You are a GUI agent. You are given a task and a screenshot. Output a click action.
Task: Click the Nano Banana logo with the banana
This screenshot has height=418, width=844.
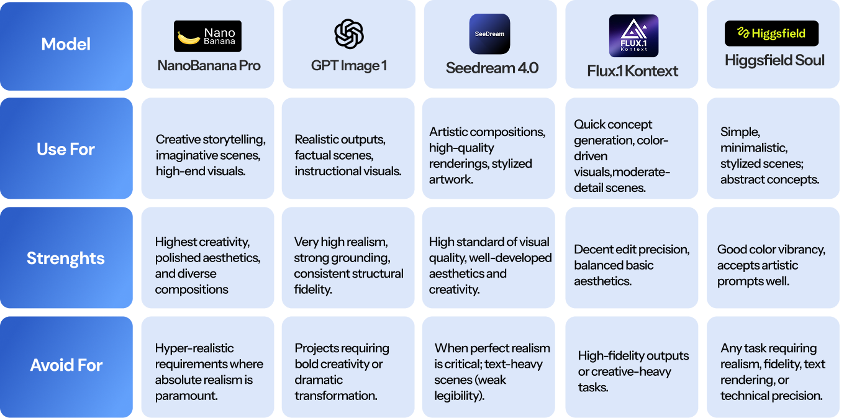click(x=207, y=36)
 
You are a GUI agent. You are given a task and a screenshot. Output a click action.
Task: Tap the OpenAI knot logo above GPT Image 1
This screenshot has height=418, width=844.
click(x=349, y=34)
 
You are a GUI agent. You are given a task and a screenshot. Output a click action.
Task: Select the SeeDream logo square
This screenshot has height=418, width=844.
click(x=489, y=34)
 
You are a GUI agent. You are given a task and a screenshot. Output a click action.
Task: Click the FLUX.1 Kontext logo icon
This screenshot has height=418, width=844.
click(x=633, y=36)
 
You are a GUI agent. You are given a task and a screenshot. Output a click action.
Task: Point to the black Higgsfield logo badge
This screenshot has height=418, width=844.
click(x=771, y=34)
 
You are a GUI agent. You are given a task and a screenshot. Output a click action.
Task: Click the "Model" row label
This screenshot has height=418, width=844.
click(x=66, y=45)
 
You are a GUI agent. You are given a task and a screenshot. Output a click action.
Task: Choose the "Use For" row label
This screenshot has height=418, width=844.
click(x=66, y=149)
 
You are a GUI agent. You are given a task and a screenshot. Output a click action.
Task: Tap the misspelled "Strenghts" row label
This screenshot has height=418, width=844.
click(x=66, y=258)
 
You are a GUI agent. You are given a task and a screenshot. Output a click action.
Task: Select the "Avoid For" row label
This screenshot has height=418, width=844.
click(x=66, y=365)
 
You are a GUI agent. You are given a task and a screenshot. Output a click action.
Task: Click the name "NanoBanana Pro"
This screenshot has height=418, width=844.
click(x=209, y=66)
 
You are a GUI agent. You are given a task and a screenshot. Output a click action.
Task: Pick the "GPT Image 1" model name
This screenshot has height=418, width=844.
click(x=349, y=65)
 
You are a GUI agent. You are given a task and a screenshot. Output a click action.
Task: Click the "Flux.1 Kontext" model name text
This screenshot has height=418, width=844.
click(x=633, y=71)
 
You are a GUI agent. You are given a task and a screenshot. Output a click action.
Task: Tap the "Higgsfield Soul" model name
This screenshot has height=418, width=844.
click(x=775, y=60)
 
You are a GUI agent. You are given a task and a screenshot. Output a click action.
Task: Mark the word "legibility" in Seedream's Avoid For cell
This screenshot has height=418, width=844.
click(x=461, y=396)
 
